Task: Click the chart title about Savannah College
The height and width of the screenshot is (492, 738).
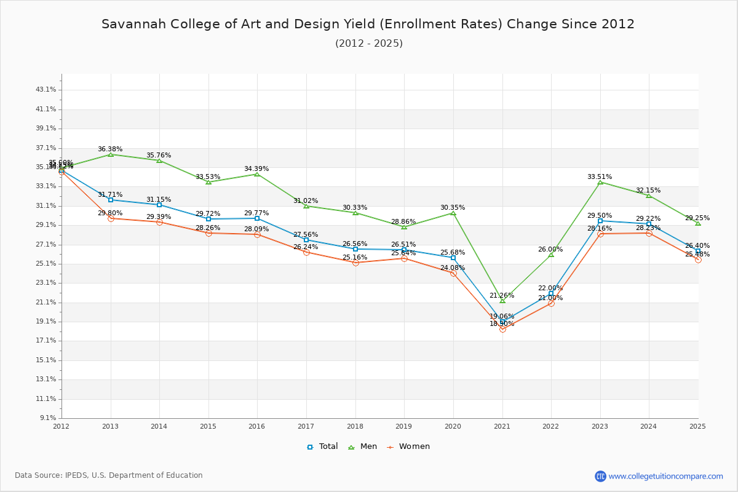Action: coord(368,24)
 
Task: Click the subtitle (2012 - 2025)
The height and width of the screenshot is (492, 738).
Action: coord(369,44)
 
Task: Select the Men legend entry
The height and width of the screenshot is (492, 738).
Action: coord(363,446)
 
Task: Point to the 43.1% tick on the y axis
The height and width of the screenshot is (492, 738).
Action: coord(46,90)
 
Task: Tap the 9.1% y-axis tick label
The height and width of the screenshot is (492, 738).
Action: coord(47,418)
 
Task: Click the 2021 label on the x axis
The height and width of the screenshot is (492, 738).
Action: coord(502,426)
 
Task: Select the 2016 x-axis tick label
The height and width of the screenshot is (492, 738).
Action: coord(257,426)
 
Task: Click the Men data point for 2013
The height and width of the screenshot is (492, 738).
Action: coord(111,154)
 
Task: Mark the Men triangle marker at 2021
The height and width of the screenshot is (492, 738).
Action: coord(502,301)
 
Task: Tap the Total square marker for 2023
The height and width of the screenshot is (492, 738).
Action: coord(600,221)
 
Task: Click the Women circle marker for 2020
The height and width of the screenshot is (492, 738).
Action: coord(453,273)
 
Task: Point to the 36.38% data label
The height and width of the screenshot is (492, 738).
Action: coord(110,149)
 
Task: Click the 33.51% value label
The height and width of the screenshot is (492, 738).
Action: coord(600,177)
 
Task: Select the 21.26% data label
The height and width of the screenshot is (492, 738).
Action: coord(502,296)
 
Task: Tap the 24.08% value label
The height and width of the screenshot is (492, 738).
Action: coord(453,268)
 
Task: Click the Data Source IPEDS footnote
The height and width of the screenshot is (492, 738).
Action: coord(109,475)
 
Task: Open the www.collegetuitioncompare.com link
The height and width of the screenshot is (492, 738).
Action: coord(665,476)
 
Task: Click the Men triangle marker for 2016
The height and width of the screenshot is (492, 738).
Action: coord(257,174)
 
